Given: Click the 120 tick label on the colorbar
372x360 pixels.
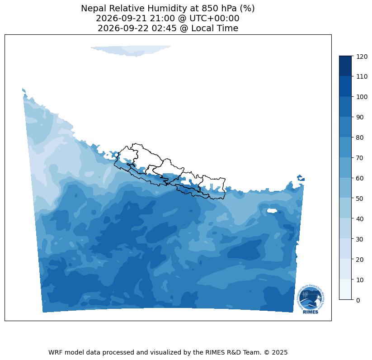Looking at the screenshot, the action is [362, 57].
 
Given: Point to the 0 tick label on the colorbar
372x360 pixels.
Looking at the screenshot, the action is [358, 300].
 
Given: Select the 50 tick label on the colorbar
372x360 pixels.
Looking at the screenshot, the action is [360, 199].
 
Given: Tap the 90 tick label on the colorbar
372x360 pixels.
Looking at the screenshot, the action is [360, 117].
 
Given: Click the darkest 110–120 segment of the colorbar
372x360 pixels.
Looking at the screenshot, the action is [345, 66].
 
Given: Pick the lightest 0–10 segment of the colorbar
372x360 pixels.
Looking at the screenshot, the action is [345, 289].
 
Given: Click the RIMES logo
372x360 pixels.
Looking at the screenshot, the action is [311, 299].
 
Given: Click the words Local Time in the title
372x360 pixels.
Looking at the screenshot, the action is [215, 28].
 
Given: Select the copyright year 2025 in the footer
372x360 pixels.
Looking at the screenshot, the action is [280, 352].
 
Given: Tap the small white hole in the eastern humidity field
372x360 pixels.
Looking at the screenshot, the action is [272, 211].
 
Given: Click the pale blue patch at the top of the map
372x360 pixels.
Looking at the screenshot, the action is [131, 50].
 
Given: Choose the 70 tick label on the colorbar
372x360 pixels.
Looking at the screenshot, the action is [360, 158].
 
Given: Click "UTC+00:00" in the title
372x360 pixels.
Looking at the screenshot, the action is [214, 18].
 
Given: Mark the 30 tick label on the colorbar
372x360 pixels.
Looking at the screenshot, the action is [360, 239].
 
